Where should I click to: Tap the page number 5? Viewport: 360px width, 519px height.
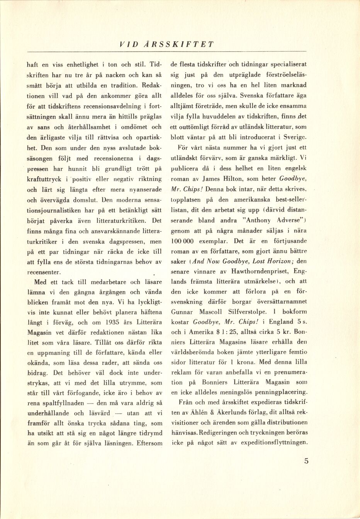(306, 460)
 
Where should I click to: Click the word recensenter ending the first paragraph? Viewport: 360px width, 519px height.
(44, 272)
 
